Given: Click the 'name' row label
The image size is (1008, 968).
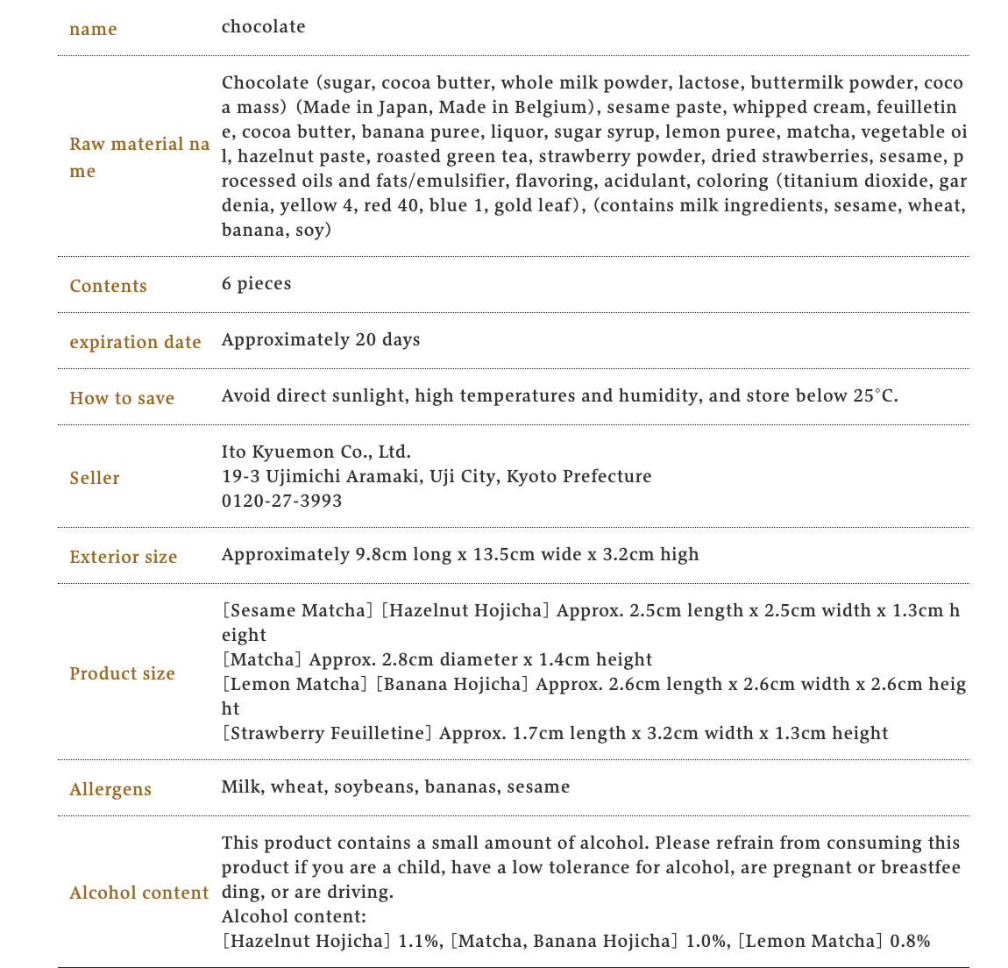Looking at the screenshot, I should [93, 29].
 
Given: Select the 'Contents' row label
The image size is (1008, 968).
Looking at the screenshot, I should [108, 286].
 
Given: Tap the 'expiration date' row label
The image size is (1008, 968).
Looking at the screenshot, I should [135, 342].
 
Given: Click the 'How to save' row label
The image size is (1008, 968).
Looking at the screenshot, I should [122, 398].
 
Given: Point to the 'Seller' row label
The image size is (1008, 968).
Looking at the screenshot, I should [95, 478].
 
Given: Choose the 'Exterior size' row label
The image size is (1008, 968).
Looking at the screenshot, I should [124, 557].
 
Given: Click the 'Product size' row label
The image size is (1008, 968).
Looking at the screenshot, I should [122, 673].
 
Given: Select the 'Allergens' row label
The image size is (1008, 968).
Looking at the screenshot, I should [110, 789].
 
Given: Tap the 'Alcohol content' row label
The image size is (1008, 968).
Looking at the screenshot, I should [139, 893].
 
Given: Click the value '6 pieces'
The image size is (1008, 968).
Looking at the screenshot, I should [256, 284].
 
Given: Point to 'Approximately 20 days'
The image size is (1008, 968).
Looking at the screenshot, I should [321, 340].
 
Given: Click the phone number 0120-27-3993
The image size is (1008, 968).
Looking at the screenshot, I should [281, 502].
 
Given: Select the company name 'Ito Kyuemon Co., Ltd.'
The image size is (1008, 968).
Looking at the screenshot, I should [316, 452].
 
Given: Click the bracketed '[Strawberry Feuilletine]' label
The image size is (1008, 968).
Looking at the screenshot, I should [327, 733].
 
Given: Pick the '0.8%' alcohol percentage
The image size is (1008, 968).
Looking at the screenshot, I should [910, 942].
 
